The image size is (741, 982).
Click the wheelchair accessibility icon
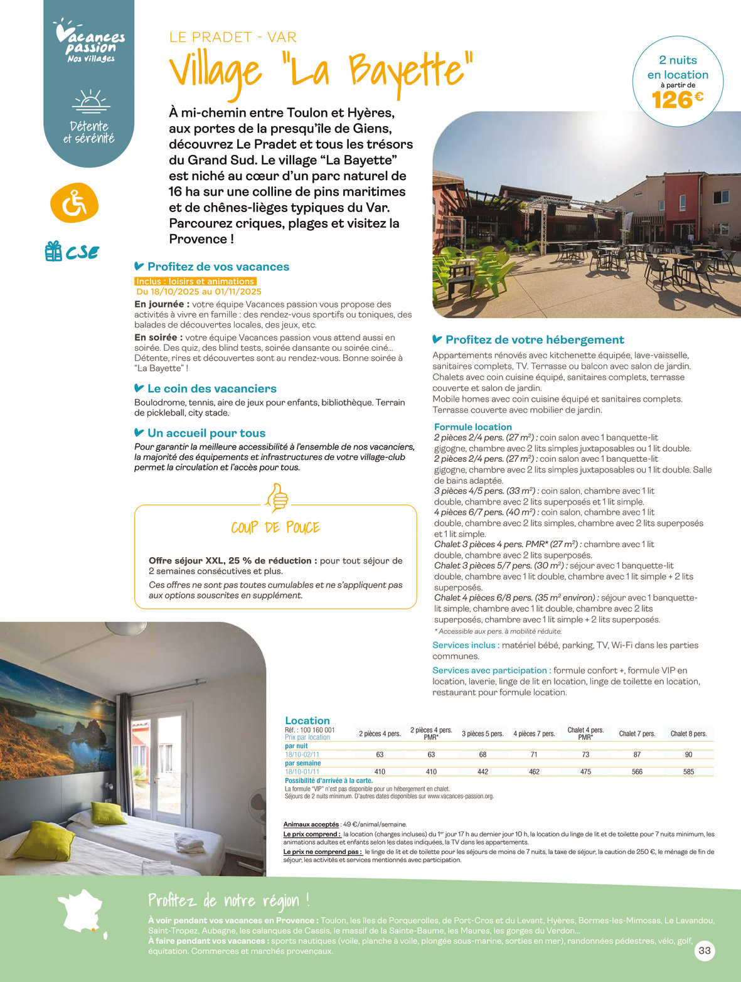(x=74, y=203)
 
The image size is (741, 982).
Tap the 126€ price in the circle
(x=677, y=100)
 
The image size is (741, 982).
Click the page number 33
(x=705, y=951)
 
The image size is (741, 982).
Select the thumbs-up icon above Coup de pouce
(x=276, y=498)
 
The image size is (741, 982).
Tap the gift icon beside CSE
(x=53, y=251)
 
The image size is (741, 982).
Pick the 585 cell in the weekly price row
(x=688, y=772)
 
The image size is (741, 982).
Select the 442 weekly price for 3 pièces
(x=482, y=772)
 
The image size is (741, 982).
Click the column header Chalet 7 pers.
(x=637, y=734)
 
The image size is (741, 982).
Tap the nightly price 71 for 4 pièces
(x=534, y=754)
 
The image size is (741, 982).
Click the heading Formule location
(x=472, y=427)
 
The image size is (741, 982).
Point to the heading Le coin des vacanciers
(x=211, y=388)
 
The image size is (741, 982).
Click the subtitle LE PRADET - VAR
(x=233, y=37)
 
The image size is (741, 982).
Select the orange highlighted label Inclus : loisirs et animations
(x=195, y=281)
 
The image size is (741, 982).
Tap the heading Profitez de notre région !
(x=228, y=900)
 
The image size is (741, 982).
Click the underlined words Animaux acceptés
(x=311, y=824)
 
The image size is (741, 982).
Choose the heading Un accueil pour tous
(x=206, y=433)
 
